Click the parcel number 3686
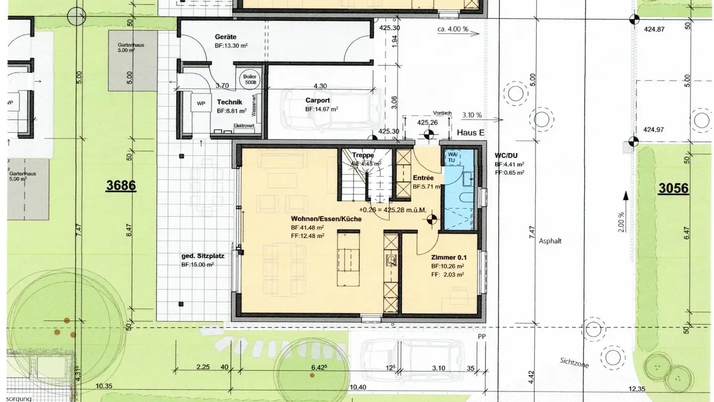click(121, 186)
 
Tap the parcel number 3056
click(673, 188)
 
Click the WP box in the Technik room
click(201, 104)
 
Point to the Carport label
click(318, 100)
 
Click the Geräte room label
click(226, 37)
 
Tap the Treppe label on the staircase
click(363, 155)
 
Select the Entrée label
click(423, 178)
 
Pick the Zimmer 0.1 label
click(449, 258)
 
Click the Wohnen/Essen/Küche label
click(326, 219)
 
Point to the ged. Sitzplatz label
click(203, 257)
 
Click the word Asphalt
click(552, 241)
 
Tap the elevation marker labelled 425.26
click(429, 133)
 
